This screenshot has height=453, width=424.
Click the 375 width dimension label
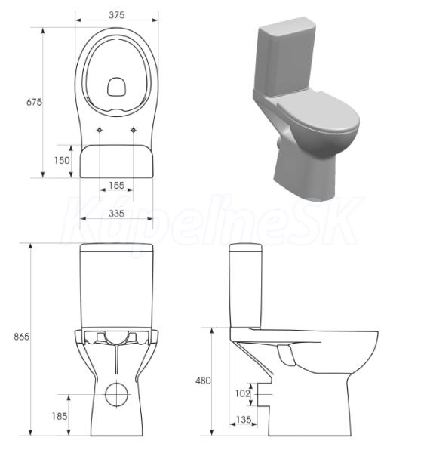pos(117,15)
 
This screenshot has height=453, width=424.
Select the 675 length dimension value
pos(34,102)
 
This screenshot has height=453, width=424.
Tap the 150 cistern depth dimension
pos(62,160)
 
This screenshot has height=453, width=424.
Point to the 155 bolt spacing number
pos(117,186)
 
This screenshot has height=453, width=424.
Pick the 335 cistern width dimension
pos(117,214)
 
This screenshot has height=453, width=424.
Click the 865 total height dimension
pos(22,337)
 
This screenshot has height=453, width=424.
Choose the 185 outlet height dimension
pos(60,416)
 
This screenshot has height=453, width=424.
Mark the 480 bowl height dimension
pos(203,381)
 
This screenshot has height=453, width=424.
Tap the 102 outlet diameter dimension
pos(243,393)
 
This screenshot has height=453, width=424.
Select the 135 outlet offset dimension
pos(244,420)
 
